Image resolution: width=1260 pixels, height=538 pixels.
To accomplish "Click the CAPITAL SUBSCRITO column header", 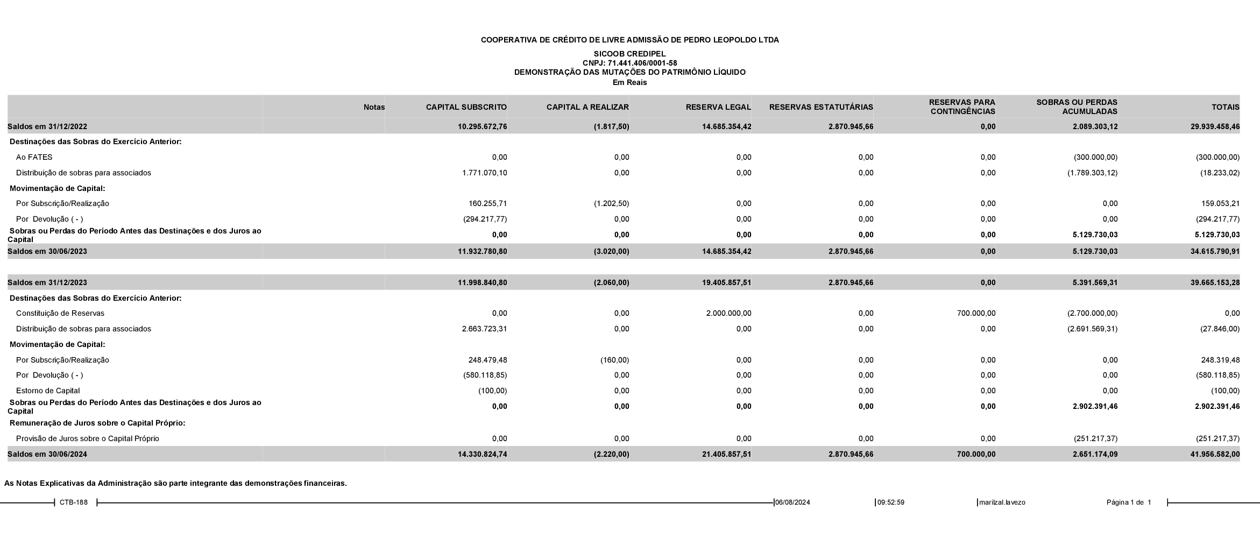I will pos(466,107).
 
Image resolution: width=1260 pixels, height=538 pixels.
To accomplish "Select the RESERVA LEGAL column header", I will pos(718,107).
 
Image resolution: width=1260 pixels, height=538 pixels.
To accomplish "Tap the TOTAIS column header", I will pos(1225,107).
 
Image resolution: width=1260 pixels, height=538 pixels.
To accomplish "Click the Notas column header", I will pos(374,107).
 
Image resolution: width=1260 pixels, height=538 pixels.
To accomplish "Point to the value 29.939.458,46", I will pos(1215,127).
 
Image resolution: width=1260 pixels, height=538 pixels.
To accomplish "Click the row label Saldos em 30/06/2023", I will pos(47,251).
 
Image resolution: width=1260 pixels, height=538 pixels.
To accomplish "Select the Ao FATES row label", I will pos(34,158).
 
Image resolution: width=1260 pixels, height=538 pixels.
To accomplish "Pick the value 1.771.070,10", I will pos(484,173).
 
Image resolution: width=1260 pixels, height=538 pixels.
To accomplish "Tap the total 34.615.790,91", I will pos(1215,251).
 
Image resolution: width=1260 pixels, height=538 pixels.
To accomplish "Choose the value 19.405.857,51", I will pos(726,282).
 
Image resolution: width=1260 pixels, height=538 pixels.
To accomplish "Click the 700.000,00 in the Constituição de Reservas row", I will pos(976,313).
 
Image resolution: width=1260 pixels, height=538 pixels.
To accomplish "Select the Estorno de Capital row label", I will pos(48,391).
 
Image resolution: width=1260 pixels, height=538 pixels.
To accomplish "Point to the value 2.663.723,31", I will pos(484,329).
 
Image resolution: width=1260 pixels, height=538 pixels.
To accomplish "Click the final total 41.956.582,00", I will pos(1215,454).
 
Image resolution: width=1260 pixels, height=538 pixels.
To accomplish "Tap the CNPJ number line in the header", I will pos(629,63).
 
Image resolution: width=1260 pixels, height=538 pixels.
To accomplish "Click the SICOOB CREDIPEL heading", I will pos(629,54).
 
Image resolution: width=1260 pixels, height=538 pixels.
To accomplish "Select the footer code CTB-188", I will pos(74,502).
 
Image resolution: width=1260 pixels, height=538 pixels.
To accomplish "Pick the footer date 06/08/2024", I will pos(792,502).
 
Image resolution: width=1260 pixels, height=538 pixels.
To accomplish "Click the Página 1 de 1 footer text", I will pos(1128,502).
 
